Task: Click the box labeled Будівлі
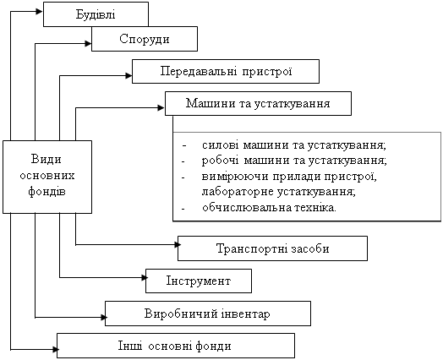pyautogui.click(x=96, y=14)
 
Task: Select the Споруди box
pyautogui.click(x=145, y=39)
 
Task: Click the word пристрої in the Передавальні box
pyautogui.click(x=266, y=72)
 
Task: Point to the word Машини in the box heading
pyautogui.click(x=211, y=103)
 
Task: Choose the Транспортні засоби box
pyautogui.click(x=272, y=248)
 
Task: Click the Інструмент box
pyautogui.click(x=199, y=281)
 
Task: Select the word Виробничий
pyautogui.click(x=181, y=314)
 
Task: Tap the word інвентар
pyautogui.click(x=245, y=314)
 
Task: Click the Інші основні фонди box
pyautogui.click(x=176, y=346)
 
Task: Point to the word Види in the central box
pyautogui.click(x=46, y=159)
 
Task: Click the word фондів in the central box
pyautogui.click(x=46, y=192)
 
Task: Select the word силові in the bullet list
pyautogui.click(x=220, y=145)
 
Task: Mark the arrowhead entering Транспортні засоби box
pyautogui.click(x=178, y=244)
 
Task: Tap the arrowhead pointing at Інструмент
pyautogui.click(x=145, y=277)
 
